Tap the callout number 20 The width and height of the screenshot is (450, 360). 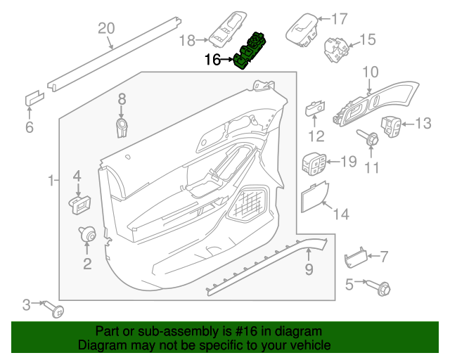point(105,28)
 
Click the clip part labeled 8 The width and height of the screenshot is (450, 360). point(122,127)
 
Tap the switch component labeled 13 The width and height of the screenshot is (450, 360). point(392,127)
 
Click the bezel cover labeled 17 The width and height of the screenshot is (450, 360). point(301,28)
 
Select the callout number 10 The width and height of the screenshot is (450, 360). point(371,72)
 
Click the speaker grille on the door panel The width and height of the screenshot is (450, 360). point(247,204)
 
